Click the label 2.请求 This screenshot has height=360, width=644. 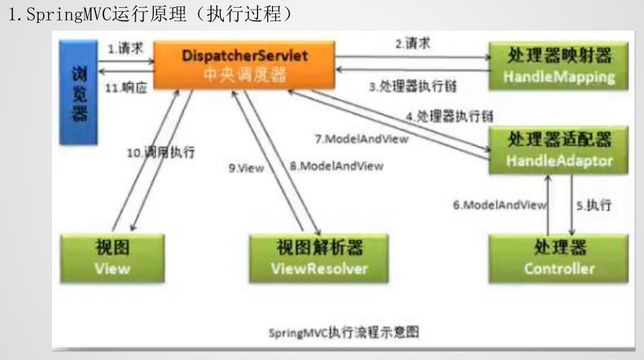pyautogui.click(x=412, y=44)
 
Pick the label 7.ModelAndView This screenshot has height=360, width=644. pyautogui.click(x=362, y=139)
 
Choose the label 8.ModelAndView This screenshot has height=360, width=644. pyautogui.click(x=336, y=166)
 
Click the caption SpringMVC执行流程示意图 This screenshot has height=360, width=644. pyautogui.click(x=344, y=332)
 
